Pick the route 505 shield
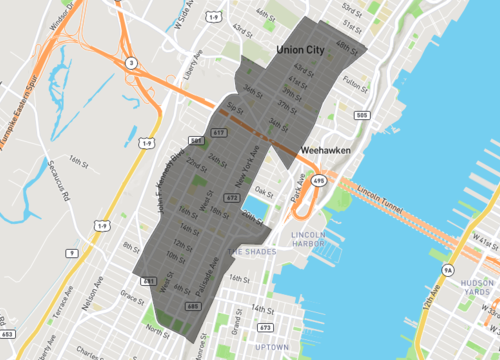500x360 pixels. pyautogui.click(x=362, y=116)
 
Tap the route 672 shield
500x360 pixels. pyautogui.click(x=231, y=199)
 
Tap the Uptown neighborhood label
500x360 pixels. pyautogui.click(x=272, y=346)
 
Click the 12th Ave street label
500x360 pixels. pyautogui.click(x=433, y=303)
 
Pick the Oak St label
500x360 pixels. pyautogui.click(x=264, y=190)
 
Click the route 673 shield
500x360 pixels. pyautogui.click(x=266, y=327)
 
